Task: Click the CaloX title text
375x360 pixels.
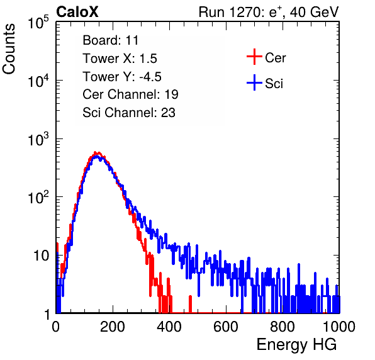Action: coord(77,12)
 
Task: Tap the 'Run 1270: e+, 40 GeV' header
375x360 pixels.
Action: coord(269,12)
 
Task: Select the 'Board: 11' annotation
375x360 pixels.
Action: coord(111,40)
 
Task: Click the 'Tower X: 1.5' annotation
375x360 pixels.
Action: coord(120,59)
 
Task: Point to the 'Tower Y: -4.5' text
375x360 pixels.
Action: coord(122,77)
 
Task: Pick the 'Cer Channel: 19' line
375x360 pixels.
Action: coord(130,94)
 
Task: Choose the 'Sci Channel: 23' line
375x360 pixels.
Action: coord(129,113)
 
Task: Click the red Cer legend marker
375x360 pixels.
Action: coord(254,57)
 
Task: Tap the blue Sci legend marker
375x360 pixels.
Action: coord(254,83)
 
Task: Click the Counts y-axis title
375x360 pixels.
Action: coord(9,49)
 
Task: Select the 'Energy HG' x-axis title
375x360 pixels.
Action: coord(296,345)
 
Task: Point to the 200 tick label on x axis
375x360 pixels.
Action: coord(113,327)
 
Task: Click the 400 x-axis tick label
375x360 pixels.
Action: coord(169,327)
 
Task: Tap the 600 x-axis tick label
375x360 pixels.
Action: coord(226,327)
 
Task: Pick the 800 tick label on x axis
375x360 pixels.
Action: coord(283,327)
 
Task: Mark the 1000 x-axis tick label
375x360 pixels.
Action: coord(339,327)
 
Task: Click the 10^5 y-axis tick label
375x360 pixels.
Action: coord(38,23)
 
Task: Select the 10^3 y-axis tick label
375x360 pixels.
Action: coord(38,139)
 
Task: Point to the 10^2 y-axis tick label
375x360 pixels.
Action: coord(38,198)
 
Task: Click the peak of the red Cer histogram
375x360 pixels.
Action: coord(95,152)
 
